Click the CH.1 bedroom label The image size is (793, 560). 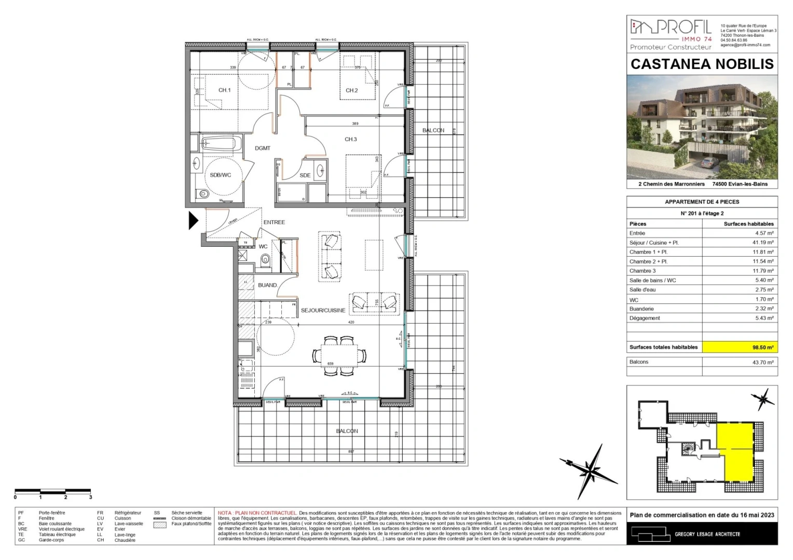(224, 90)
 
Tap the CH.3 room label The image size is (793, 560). (351, 139)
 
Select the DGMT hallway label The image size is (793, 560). (263, 148)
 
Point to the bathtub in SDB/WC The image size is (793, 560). (221, 144)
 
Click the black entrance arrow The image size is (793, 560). (193, 220)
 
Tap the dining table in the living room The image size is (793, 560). (339, 355)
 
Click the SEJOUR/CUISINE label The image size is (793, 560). (323, 311)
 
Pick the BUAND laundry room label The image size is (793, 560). (267, 285)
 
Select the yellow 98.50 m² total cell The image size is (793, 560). (740, 347)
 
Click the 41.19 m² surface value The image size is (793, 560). (764, 243)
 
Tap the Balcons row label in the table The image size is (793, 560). (639, 362)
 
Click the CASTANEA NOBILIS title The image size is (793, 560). (702, 64)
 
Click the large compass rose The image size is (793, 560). (591, 468)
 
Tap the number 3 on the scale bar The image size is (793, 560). (90, 497)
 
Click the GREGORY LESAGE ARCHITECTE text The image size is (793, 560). (707, 534)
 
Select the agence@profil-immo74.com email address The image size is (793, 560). (745, 45)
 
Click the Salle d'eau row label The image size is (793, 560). (642, 290)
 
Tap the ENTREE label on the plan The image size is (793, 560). (274, 222)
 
